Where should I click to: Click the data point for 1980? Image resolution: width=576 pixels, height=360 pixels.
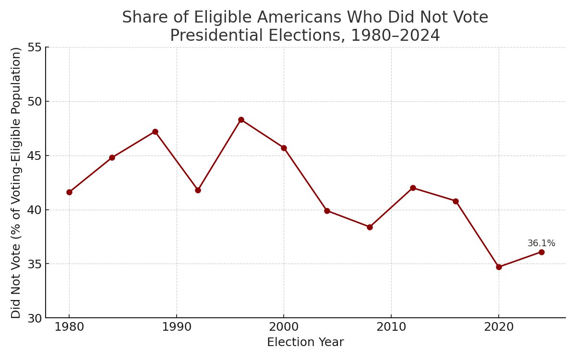coord(69,192)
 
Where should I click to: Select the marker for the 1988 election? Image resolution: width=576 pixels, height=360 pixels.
coord(155,132)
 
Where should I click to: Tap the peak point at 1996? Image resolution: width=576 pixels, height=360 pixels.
coord(241,120)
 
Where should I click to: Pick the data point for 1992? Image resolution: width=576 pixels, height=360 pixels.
coord(198,190)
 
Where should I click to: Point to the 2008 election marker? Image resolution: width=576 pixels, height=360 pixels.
coord(370,228)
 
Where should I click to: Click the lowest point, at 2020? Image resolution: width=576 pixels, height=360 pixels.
coord(499,267)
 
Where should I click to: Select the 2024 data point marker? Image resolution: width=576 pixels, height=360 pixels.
coord(541,252)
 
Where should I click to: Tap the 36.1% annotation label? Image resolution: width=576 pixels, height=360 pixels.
coord(541,243)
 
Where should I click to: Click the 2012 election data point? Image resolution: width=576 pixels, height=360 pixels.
coord(413,188)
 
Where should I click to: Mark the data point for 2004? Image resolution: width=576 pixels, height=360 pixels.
coord(327,211)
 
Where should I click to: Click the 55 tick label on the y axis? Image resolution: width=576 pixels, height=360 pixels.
coord(35,48)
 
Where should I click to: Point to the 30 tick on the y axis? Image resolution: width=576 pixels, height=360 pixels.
coord(35,318)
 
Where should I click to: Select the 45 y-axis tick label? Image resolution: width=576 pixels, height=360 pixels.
coord(35,156)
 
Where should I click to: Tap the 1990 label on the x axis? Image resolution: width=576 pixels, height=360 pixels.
coord(177,327)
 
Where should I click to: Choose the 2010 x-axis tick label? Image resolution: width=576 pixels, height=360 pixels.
coord(391,327)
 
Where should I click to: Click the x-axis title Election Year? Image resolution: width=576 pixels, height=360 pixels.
coord(305,342)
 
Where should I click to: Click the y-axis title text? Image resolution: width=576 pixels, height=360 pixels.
coord(16,183)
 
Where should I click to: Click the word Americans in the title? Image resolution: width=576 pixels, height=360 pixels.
coord(300,17)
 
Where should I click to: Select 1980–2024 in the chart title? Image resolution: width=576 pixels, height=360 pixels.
coord(396,36)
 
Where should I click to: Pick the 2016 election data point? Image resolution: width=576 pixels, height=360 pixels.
coord(456,201)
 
